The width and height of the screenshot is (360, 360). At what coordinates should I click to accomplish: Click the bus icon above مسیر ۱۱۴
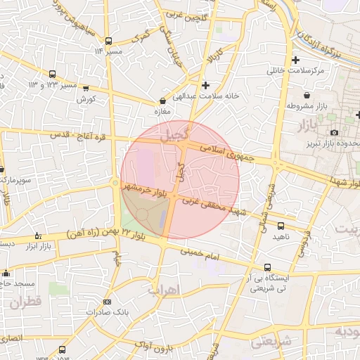[x=108, y=41]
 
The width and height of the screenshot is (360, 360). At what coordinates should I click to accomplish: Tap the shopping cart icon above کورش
[x=86, y=89]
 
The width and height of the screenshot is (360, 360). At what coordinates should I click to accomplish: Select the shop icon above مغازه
[x=163, y=101]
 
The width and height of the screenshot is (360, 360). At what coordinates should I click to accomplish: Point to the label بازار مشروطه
[x=307, y=105]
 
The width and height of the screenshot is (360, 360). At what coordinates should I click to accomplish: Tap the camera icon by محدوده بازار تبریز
[x=334, y=132]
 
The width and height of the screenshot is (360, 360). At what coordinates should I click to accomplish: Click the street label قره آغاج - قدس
[x=78, y=137]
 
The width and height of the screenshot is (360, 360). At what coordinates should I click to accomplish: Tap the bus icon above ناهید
[x=281, y=226]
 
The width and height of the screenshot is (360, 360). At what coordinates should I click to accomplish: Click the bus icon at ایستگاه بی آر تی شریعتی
[x=267, y=267]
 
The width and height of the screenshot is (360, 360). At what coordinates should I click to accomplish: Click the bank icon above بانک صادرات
[x=107, y=300]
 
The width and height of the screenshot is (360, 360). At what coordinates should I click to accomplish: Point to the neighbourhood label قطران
[x=27, y=303]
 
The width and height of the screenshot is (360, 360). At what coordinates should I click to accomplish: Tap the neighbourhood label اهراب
[x=164, y=289]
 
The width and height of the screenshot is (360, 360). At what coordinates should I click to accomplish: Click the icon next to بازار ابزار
[x=37, y=236]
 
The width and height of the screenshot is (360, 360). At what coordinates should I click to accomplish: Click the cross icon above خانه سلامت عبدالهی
[x=205, y=85]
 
